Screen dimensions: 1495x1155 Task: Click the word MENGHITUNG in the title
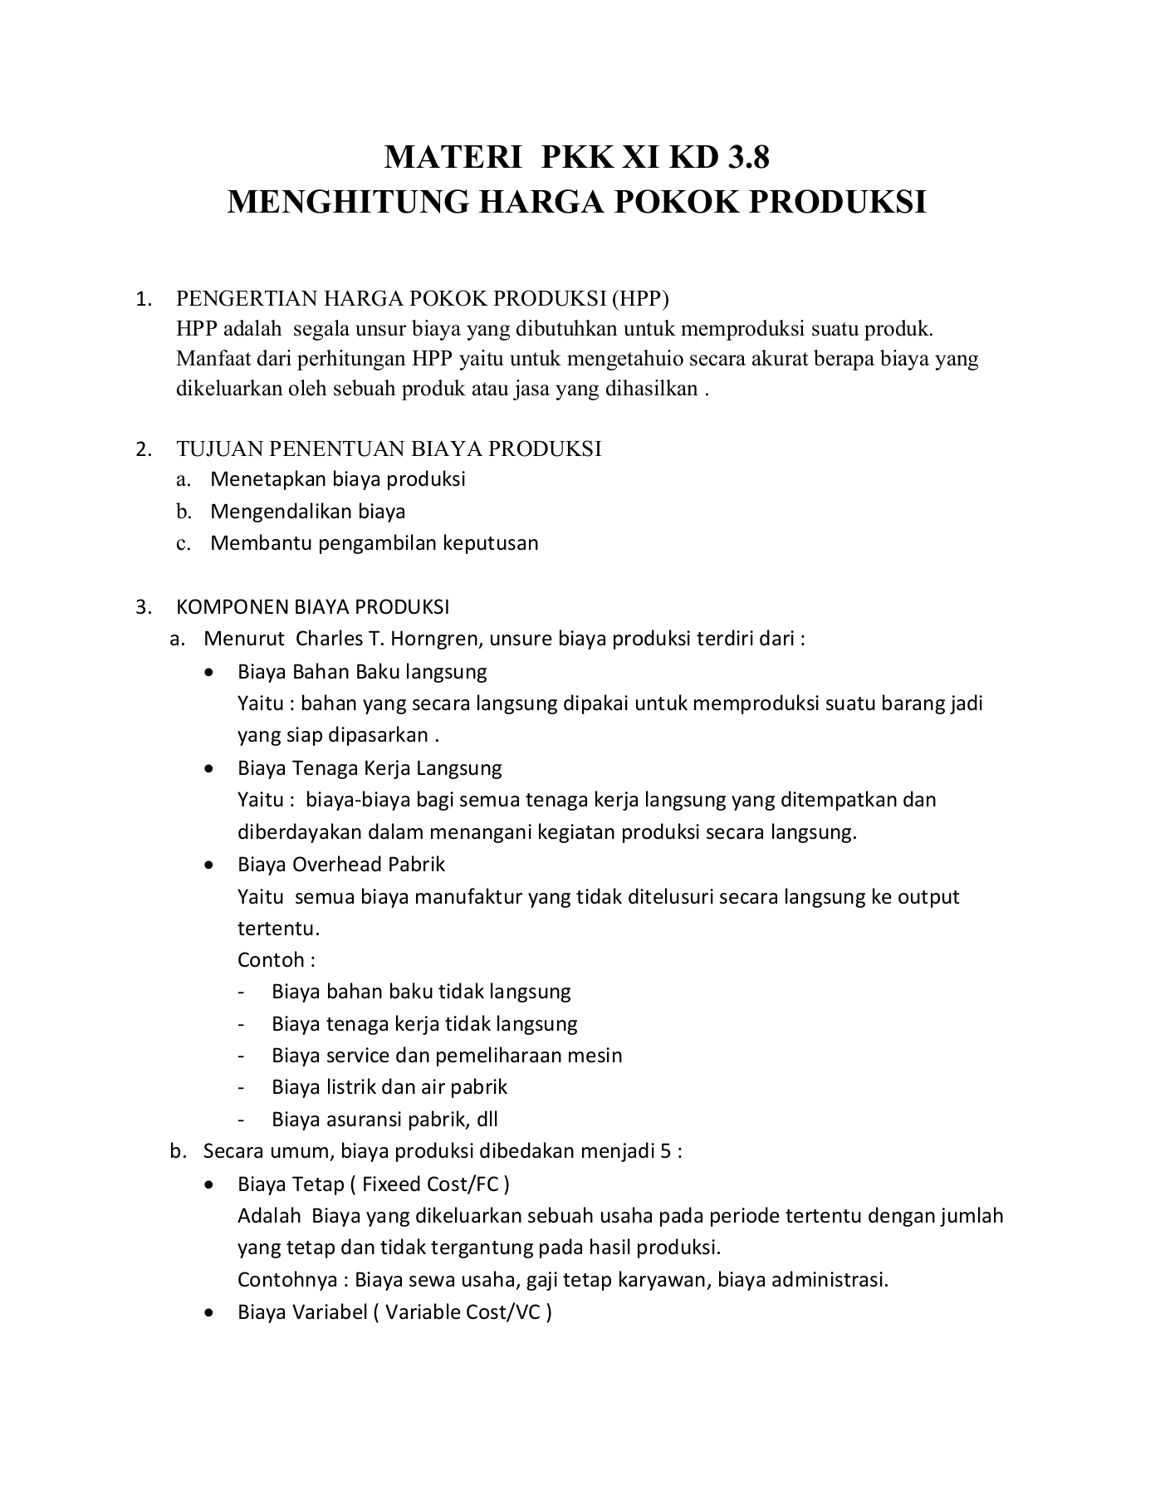coord(347,202)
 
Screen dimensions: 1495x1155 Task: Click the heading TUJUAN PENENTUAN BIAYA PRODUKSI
coord(389,449)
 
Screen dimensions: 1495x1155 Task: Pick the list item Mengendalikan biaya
coord(307,511)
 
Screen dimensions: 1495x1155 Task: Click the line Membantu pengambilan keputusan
coord(374,543)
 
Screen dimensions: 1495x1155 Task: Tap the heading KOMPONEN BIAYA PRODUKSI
coord(312,606)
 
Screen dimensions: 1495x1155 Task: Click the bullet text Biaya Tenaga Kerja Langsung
coord(370,768)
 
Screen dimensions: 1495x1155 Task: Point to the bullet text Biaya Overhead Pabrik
coord(341,865)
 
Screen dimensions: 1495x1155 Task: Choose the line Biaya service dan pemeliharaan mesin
coord(446,1056)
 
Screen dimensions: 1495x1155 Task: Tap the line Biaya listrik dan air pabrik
coord(389,1087)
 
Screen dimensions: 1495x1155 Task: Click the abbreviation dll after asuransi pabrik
coord(487,1120)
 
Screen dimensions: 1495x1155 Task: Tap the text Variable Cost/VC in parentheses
coord(462,1312)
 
